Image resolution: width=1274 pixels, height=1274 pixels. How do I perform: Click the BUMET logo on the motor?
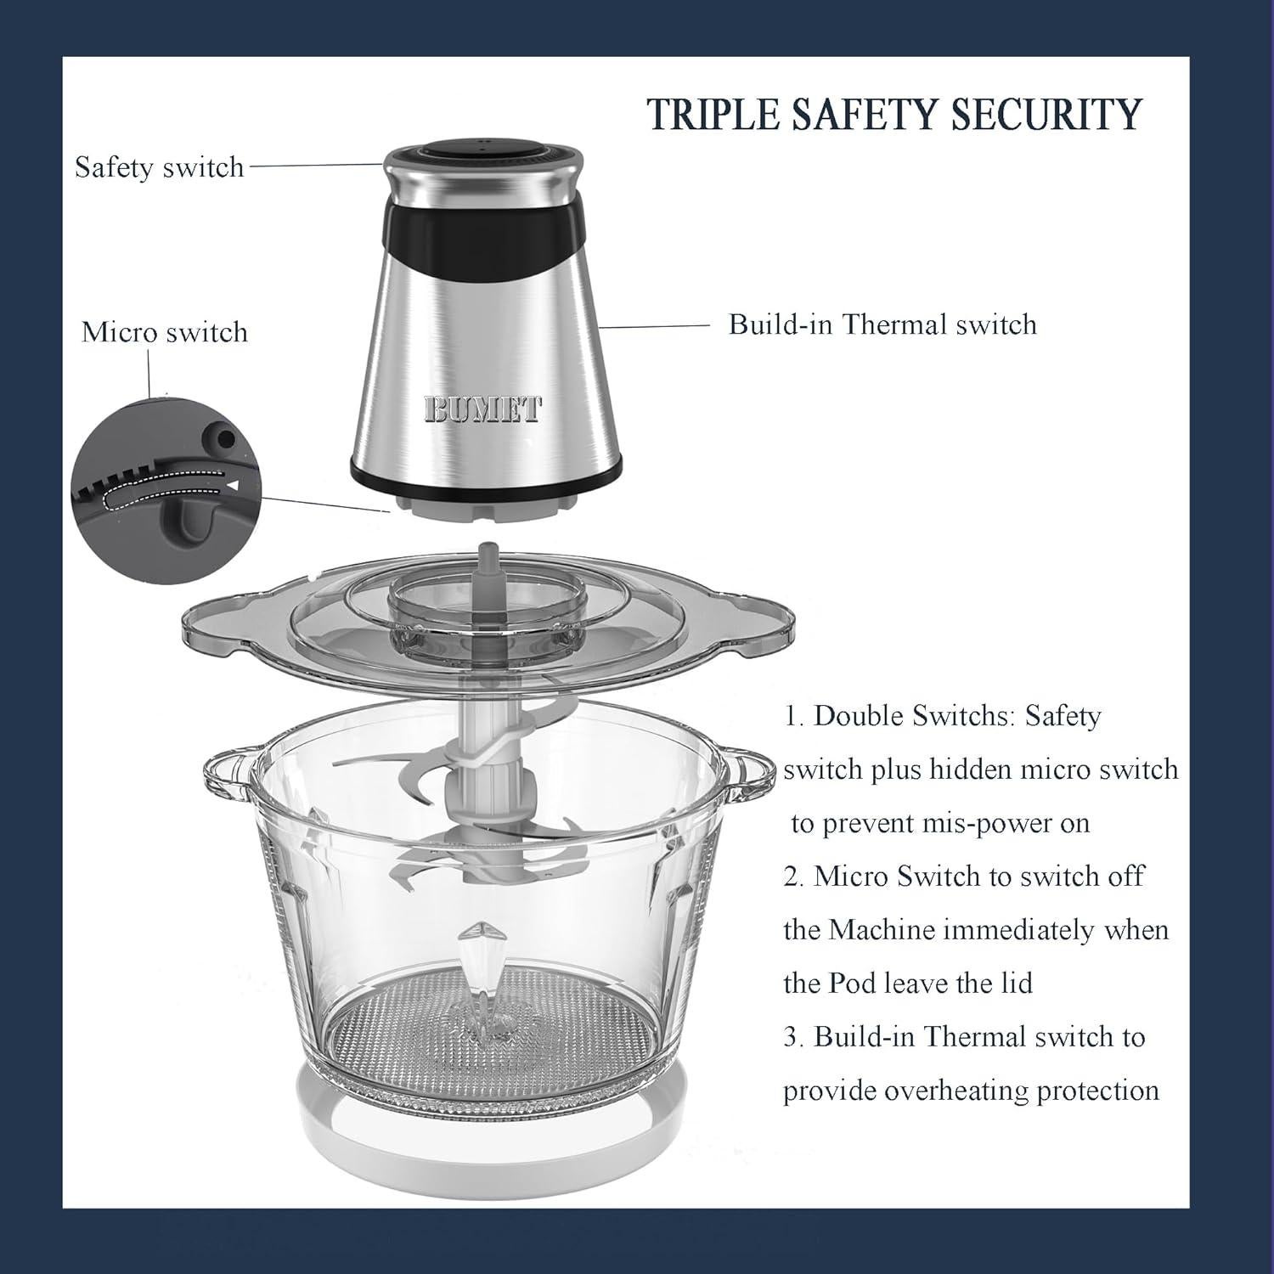(482, 409)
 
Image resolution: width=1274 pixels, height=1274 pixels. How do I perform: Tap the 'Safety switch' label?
(160, 166)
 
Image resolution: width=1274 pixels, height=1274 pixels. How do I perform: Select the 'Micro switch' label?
(165, 331)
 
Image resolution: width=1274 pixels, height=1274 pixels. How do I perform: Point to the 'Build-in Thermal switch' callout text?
(882, 324)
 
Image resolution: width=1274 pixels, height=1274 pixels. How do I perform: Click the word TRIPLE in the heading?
(712, 114)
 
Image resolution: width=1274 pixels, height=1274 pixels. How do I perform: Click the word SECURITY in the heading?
(1046, 114)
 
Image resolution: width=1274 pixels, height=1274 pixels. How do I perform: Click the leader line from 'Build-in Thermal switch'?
(654, 325)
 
